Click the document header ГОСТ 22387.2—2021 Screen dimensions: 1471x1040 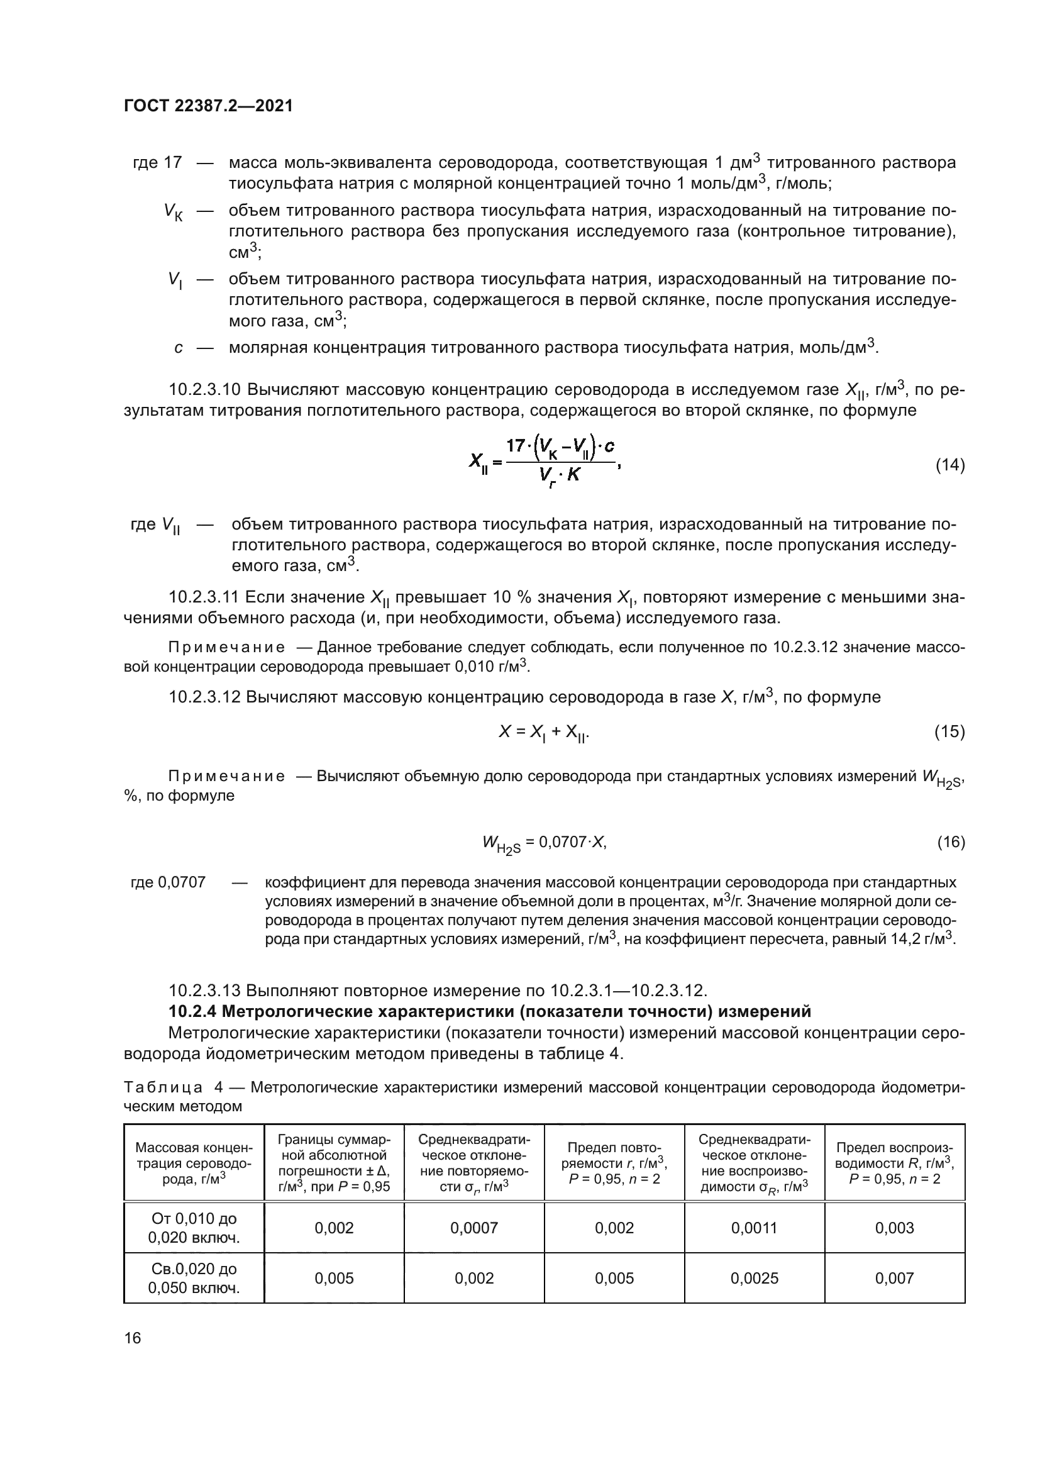pyautogui.click(x=208, y=106)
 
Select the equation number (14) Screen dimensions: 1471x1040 pyautogui.click(x=950, y=465)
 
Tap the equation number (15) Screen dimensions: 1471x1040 pyautogui.click(x=950, y=731)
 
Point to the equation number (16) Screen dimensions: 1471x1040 pyautogui.click(x=950, y=842)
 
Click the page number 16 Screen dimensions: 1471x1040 pyautogui.click(x=133, y=1338)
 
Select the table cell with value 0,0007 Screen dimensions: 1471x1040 pyautogui.click(x=474, y=1228)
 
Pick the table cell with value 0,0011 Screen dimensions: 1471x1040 pyautogui.click(x=755, y=1228)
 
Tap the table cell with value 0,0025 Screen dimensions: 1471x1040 pyautogui.click(x=755, y=1279)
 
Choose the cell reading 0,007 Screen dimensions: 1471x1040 pyautogui.click(x=895, y=1279)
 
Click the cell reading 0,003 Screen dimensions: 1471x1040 pyautogui.click(x=895, y=1228)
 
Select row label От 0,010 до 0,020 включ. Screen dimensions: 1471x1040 pyautogui.click(x=194, y=1228)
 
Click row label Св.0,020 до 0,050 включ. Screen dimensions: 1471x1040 pyautogui.click(x=194, y=1279)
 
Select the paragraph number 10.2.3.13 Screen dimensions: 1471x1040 pyautogui.click(x=204, y=991)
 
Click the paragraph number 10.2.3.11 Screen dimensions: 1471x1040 pyautogui.click(x=204, y=597)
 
